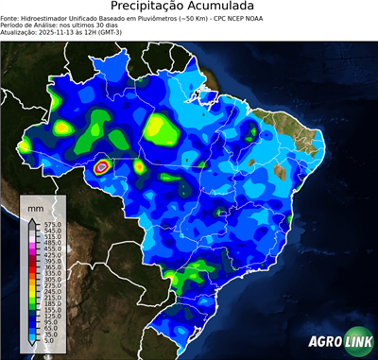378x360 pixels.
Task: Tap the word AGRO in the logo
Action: coord(324,338)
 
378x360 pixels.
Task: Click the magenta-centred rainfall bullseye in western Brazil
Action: coord(102,166)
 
